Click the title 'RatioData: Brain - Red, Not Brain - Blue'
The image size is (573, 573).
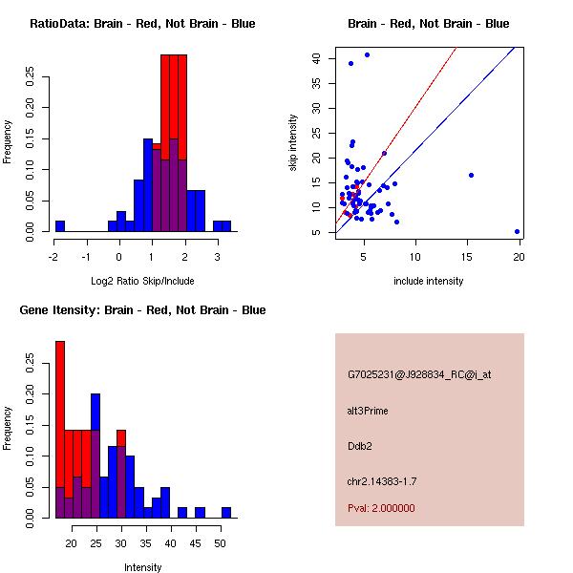(x=142, y=23)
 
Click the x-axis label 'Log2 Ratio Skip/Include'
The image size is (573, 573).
(x=142, y=281)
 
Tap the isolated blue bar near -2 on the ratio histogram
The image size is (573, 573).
(x=60, y=225)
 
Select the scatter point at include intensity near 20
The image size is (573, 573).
(x=517, y=231)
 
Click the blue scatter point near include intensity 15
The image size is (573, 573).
(x=471, y=175)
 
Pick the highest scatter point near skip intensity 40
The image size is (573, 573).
(x=367, y=55)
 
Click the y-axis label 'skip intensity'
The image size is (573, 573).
(x=294, y=143)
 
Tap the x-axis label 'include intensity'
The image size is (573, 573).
(x=429, y=281)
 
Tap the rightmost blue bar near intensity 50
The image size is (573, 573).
(x=226, y=513)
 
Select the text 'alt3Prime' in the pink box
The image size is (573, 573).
(x=368, y=411)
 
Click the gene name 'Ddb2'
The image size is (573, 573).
(x=359, y=445)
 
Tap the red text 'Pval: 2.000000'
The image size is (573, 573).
(x=382, y=509)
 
